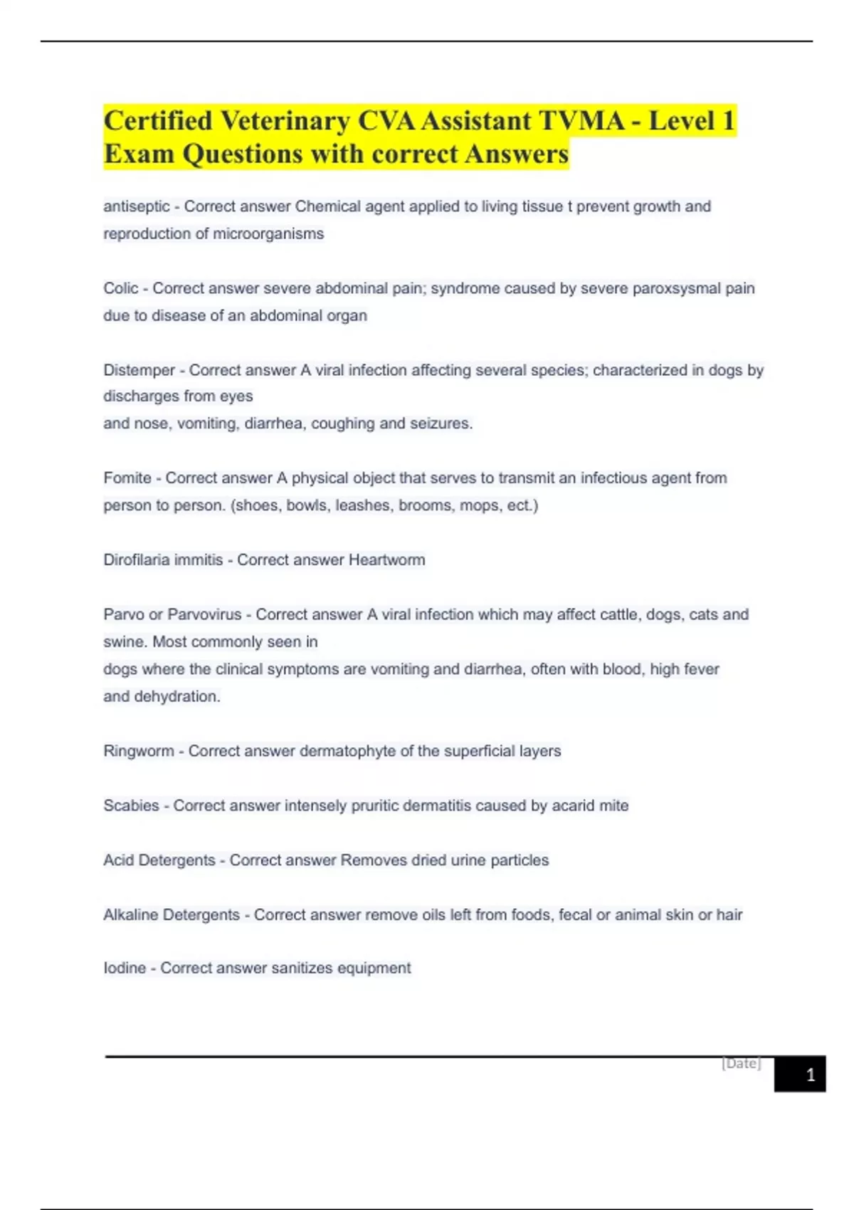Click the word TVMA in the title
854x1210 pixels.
pyautogui.click(x=581, y=121)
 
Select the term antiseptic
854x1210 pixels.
pyautogui.click(x=136, y=206)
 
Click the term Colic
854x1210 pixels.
pyautogui.click(x=120, y=288)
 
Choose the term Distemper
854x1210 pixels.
pyautogui.click(x=139, y=370)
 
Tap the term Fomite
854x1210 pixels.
pyautogui.click(x=127, y=478)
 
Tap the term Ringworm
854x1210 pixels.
pyautogui.click(x=138, y=751)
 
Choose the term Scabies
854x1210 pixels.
pyautogui.click(x=131, y=806)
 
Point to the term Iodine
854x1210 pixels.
pyautogui.click(x=124, y=968)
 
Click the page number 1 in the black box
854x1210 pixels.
pyautogui.click(x=810, y=1075)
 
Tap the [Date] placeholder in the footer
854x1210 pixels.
pyautogui.click(x=741, y=1063)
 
